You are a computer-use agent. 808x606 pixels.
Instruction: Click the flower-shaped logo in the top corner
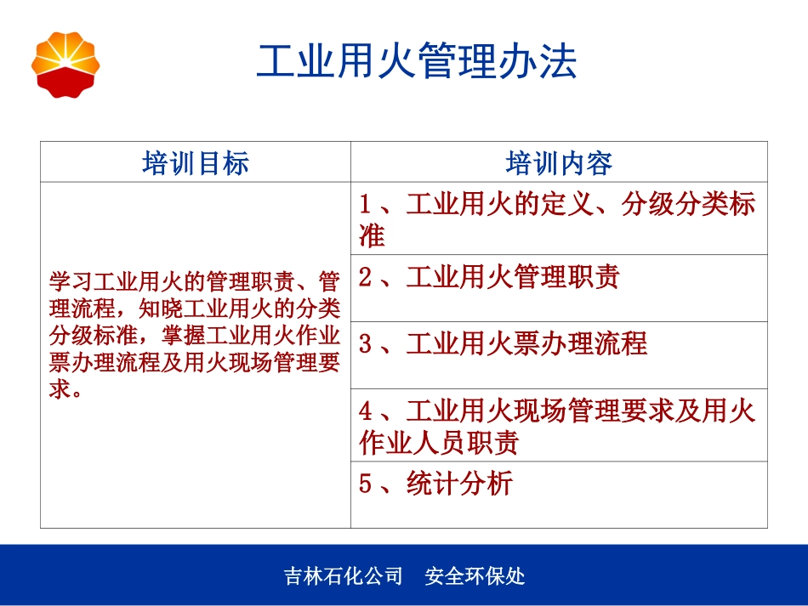coord(65,65)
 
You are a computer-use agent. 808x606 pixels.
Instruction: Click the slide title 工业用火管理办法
coord(417,62)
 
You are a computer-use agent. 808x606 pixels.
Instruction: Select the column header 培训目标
coord(196,162)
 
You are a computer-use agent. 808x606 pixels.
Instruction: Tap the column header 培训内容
coord(559,162)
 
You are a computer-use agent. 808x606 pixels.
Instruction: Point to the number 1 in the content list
coord(366,205)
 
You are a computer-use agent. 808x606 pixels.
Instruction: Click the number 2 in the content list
coord(366,277)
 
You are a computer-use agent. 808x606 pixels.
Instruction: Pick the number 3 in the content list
coord(366,344)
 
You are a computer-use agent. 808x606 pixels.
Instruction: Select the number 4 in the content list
coord(366,412)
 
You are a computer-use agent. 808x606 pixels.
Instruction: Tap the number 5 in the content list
coord(366,484)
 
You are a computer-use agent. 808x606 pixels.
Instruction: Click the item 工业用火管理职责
coord(513,277)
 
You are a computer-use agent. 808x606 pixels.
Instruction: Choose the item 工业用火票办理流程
coord(526,344)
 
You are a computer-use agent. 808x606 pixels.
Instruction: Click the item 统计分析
coord(459,484)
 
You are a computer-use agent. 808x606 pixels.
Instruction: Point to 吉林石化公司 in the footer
coord(344,576)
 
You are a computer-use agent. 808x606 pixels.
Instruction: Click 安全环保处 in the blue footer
coord(475,576)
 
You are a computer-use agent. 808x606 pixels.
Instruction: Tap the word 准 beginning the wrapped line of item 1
coord(373,236)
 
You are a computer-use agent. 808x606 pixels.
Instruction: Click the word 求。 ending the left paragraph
coord(65,393)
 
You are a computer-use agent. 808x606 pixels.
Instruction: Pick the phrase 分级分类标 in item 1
coord(687,205)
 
